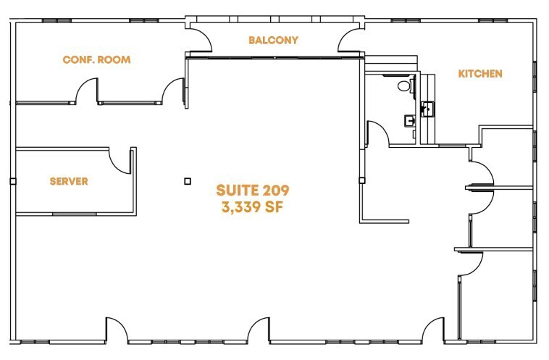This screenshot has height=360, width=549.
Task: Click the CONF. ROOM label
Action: point(96,59)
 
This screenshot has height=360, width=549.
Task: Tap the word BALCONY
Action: point(273,40)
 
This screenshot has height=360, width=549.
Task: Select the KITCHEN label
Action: point(479,74)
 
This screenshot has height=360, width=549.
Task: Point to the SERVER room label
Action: point(69,181)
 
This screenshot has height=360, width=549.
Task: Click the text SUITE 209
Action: point(253,191)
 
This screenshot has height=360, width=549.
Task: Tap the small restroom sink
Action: point(410,120)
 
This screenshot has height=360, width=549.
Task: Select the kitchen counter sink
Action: point(427,109)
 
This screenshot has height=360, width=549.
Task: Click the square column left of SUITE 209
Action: point(187,181)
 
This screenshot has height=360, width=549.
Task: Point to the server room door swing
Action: point(119,161)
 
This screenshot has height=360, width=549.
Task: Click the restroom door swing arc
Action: point(377,134)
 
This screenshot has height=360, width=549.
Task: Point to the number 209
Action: point(275,191)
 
